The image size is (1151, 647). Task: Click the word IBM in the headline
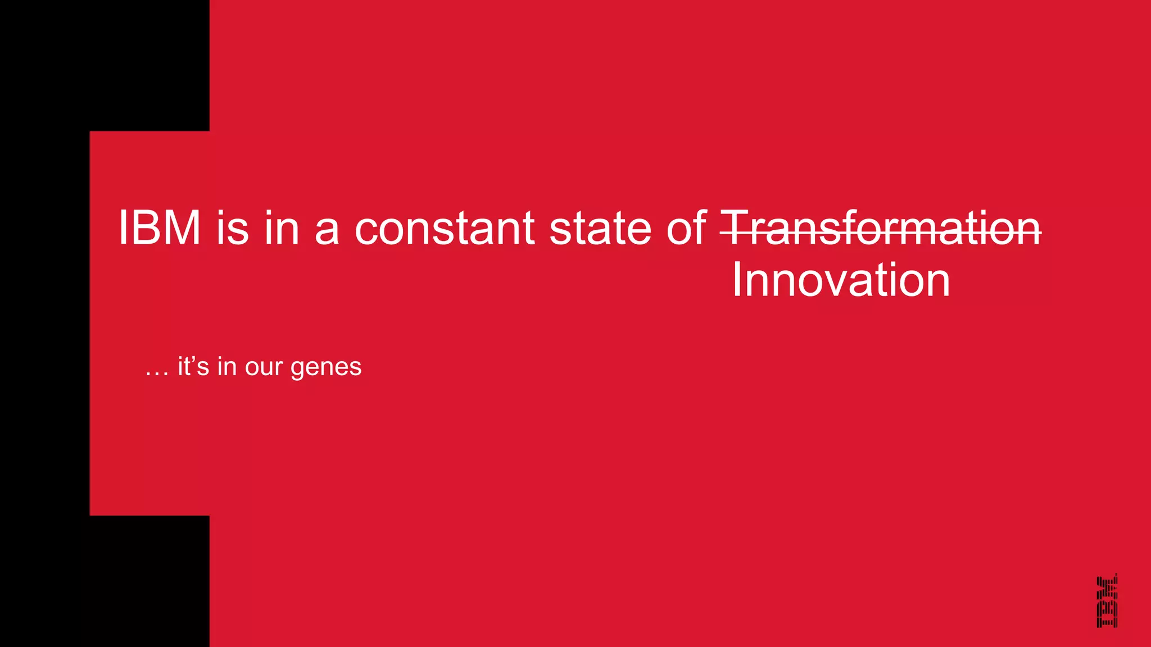(160, 228)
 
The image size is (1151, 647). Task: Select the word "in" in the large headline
(282, 228)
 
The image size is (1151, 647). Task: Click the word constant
(444, 228)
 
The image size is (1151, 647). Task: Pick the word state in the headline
(600, 228)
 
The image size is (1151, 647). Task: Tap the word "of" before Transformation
(686, 228)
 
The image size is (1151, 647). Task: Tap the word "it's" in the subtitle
(193, 367)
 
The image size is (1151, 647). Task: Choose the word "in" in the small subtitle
(227, 367)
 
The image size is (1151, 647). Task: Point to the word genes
(326, 368)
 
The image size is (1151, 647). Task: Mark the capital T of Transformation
(735, 228)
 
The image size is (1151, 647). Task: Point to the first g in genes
(297, 370)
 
